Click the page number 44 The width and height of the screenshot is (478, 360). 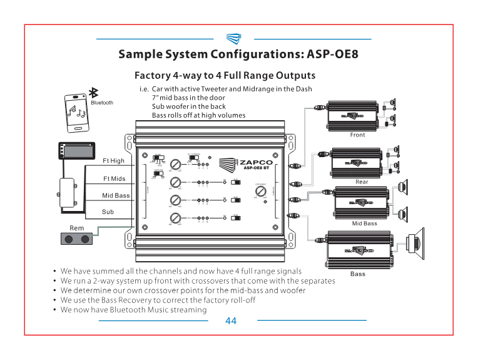tap(231, 321)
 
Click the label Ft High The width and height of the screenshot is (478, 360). tap(113, 161)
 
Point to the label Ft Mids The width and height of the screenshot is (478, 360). tap(114, 178)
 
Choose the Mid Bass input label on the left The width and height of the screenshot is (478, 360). tap(116, 195)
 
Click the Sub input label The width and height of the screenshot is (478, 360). tap(108, 212)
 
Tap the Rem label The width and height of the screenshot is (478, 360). tap(76, 228)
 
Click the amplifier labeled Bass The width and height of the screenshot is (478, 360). tap(357, 250)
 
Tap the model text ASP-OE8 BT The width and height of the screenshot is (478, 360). tap(256, 169)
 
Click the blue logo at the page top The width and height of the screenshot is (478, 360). tap(233, 39)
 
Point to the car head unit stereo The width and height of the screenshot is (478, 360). tap(74, 151)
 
